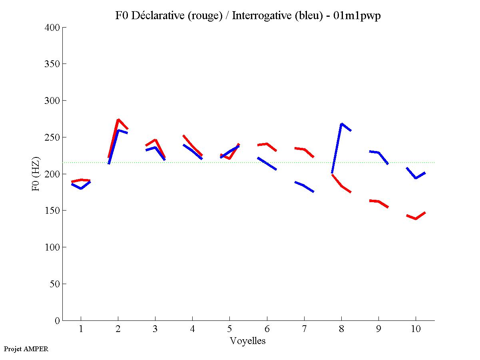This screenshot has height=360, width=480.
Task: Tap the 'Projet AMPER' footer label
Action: pyautogui.click(x=26, y=349)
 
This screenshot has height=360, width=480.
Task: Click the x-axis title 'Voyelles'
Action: pyautogui.click(x=248, y=341)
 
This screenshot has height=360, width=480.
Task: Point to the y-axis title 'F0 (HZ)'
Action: pyautogui.click(x=36, y=174)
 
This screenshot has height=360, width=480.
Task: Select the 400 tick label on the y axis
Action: pyautogui.click(x=52, y=28)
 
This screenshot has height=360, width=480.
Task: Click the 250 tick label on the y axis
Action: pyautogui.click(x=52, y=137)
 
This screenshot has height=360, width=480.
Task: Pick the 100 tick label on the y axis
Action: pyautogui.click(x=52, y=247)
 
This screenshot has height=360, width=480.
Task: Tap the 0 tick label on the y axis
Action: pyautogui.click(x=58, y=320)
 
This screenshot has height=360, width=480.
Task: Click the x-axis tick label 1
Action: pyautogui.click(x=81, y=329)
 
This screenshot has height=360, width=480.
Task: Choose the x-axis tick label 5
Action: pyautogui.click(x=229, y=329)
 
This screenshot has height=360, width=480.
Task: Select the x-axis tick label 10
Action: pyautogui.click(x=416, y=329)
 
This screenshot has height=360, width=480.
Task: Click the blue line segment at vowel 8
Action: pyautogui.click(x=337, y=148)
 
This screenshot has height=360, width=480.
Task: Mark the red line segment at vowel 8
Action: pyautogui.click(x=341, y=186)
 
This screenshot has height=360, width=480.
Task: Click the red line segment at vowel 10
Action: pyautogui.click(x=416, y=218)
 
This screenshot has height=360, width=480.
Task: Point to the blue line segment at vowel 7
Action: pyautogui.click(x=304, y=185)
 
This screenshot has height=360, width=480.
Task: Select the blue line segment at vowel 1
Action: pyautogui.click(x=81, y=188)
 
